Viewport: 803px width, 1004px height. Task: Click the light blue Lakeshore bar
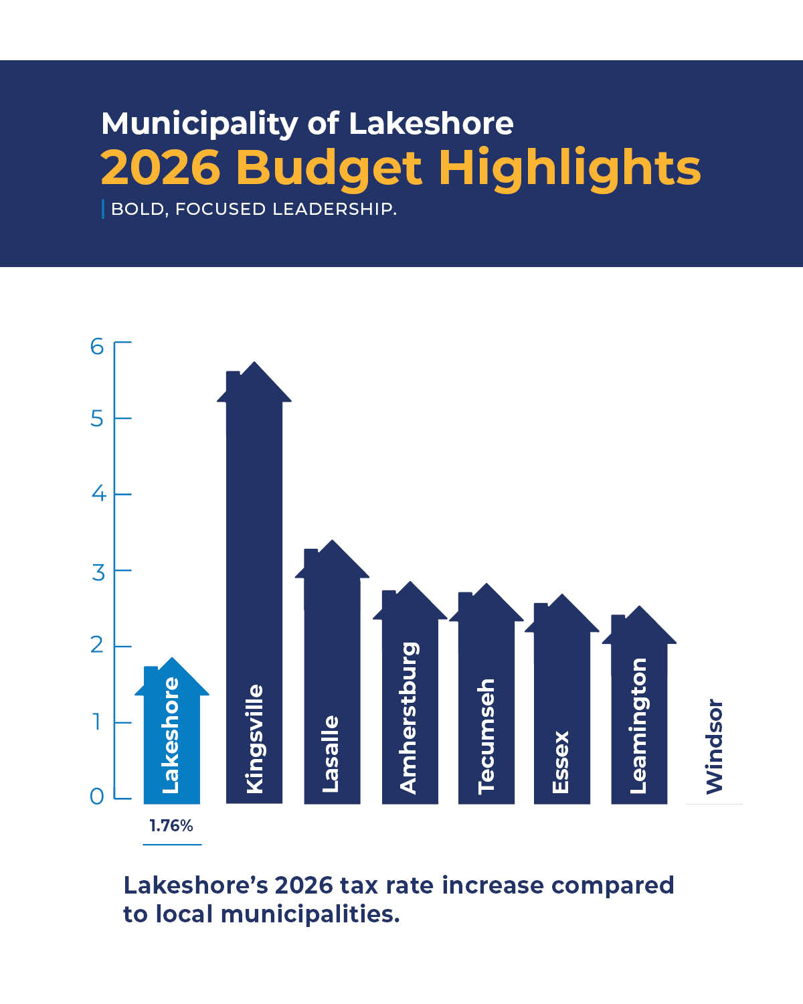coord(172,736)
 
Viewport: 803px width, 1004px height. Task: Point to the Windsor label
coord(715,746)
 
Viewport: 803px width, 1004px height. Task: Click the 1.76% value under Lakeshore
coord(171,826)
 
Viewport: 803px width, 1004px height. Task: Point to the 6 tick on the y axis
coord(98,346)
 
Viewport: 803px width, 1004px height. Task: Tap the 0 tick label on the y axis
coord(97,797)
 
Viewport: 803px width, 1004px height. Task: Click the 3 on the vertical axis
coord(98,572)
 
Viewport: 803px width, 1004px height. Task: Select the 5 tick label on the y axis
coord(98,419)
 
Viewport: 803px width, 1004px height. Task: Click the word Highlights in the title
coord(569,167)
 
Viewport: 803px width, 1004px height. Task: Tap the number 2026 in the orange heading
coord(161,167)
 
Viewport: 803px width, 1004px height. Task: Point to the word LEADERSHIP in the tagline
coord(334,209)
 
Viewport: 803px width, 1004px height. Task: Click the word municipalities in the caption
coord(307,914)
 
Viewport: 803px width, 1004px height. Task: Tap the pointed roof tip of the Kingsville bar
coord(254,363)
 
